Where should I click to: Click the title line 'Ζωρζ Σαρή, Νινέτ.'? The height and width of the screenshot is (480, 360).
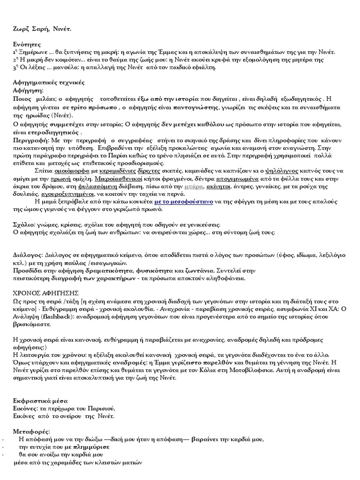(43, 30)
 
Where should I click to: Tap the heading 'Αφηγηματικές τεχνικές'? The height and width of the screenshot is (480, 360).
(49, 82)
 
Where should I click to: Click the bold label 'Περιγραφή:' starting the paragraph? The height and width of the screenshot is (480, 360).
(29, 140)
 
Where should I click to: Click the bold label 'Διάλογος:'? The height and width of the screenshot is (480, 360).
(28, 255)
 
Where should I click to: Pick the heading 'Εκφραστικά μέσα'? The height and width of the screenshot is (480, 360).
(40, 402)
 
